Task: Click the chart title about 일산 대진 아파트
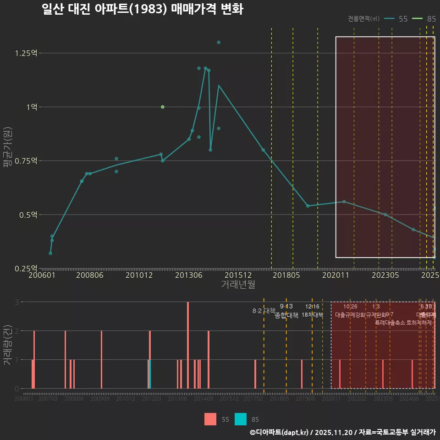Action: (142, 9)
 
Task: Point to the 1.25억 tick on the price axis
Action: (26, 53)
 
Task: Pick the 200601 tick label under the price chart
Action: (42, 275)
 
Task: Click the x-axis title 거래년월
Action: (238, 284)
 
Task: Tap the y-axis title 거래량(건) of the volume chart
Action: (7, 345)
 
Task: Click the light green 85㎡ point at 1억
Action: (162, 107)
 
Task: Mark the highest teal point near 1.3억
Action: (219, 42)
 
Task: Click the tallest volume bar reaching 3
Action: (188, 345)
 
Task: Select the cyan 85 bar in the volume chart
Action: (150, 374)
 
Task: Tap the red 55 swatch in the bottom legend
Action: (210, 419)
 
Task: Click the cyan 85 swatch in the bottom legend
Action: (241, 419)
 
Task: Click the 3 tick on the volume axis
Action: (17, 302)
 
